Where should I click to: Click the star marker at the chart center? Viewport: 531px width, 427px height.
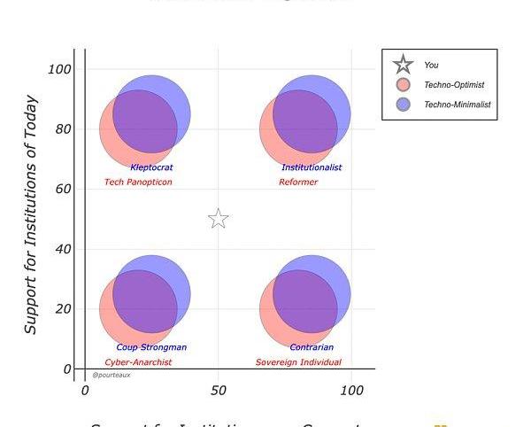219,219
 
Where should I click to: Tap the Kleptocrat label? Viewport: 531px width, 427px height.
151,167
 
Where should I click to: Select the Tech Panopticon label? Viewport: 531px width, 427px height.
138,182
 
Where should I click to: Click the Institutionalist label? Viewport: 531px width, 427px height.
312,167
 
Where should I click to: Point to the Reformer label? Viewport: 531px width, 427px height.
298,182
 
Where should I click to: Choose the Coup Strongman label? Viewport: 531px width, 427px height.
151,347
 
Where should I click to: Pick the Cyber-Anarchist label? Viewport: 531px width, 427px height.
138,362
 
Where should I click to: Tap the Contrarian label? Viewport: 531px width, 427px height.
312,347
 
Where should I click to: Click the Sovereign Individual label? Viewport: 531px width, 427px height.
298,362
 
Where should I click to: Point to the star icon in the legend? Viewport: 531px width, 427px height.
404,65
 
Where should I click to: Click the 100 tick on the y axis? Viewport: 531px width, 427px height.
59,69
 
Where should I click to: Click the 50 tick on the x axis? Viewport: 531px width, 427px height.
219,391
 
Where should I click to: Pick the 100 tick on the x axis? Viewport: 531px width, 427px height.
351,391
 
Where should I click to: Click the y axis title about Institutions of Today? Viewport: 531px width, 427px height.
31,214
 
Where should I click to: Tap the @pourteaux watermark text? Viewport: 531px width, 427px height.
112,375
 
